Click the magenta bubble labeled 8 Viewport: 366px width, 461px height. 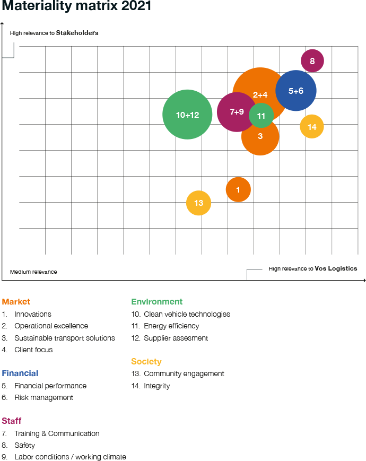coord(312,61)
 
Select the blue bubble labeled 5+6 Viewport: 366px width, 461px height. coord(296,91)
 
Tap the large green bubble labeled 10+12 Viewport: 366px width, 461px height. coord(187,115)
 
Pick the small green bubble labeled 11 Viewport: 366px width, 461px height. coord(261,116)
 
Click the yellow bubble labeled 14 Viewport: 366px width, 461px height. coord(312,127)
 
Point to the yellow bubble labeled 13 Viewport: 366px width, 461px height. coord(198,203)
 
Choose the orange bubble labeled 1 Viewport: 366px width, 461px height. coord(238,189)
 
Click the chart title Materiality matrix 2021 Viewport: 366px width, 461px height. coord(76,7)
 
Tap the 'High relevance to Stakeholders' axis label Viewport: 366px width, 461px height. coord(54,33)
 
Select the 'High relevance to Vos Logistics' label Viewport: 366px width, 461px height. coord(312,268)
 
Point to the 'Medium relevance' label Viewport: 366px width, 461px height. coord(33,272)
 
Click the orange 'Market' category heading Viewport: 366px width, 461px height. coord(16,302)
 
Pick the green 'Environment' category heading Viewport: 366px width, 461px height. coord(156,302)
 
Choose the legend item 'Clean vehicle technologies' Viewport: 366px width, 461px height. coord(187,314)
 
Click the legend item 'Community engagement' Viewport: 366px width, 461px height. coord(184,373)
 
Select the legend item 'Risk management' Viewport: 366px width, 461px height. coord(43,397)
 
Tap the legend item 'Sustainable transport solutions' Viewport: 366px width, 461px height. coord(64,338)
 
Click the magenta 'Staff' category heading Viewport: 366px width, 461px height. coord(12,421)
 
